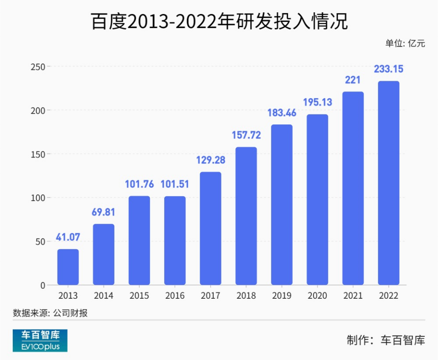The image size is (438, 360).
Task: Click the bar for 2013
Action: [x=68, y=267]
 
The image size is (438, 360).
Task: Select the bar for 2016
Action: [x=175, y=241]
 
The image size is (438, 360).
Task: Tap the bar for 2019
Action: [x=282, y=205]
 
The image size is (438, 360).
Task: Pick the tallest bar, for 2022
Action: [x=389, y=183]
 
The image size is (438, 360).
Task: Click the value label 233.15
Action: [x=389, y=69]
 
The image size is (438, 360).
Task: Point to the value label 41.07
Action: [x=68, y=237]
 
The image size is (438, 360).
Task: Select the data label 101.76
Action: [x=139, y=184]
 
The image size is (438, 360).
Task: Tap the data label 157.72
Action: [x=246, y=135]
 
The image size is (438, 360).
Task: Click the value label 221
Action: [x=353, y=80]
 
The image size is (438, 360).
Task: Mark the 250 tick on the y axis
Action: [x=38, y=67]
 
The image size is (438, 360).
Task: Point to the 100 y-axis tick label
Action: [x=38, y=198]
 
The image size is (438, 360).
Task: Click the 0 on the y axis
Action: [x=43, y=285]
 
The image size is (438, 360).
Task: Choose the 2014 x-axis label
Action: [x=103, y=296]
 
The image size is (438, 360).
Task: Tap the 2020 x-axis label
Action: [x=317, y=296]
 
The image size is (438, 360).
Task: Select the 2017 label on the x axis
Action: [x=211, y=296]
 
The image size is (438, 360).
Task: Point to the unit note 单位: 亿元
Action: [x=405, y=44]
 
